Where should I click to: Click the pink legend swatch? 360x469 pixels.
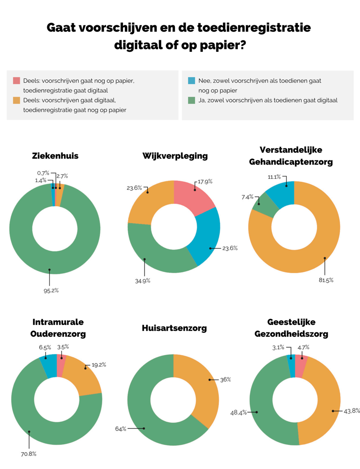pyautogui.click(x=16, y=80)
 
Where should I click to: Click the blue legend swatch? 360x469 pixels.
pyautogui.click(x=192, y=80)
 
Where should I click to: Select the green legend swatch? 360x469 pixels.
pyautogui.click(x=192, y=100)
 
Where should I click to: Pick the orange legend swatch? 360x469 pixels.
pyautogui.click(x=16, y=100)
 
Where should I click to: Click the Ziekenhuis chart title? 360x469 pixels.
pyautogui.click(x=55, y=156)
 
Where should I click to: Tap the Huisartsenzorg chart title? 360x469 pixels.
pyautogui.click(x=174, y=328)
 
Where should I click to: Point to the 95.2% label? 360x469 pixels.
pyautogui.click(x=51, y=290)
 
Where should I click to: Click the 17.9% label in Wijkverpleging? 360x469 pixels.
pyautogui.click(x=205, y=181)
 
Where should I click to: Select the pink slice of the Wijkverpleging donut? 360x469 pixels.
pyautogui.click(x=193, y=196)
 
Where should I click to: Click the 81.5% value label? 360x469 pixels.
pyautogui.click(x=326, y=280)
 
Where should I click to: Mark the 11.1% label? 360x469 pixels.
pyautogui.click(x=274, y=177)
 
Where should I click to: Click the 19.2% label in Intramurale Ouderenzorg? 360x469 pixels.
pyautogui.click(x=99, y=365)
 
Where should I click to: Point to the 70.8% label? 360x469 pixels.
pyautogui.click(x=29, y=454)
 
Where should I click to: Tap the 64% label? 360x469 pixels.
pyautogui.click(x=121, y=429)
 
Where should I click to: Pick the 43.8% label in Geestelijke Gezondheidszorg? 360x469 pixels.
pyautogui.click(x=352, y=411)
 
